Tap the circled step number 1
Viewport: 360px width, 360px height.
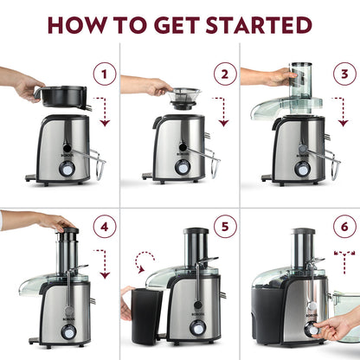pyautogui.click(x=105, y=74)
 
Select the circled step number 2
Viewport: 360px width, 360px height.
pyautogui.click(x=226, y=74)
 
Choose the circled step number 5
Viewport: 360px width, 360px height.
pyautogui.click(x=226, y=228)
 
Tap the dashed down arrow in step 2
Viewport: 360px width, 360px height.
pyautogui.click(x=224, y=111)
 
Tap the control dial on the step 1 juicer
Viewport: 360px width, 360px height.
pyautogui.click(x=57, y=170)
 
